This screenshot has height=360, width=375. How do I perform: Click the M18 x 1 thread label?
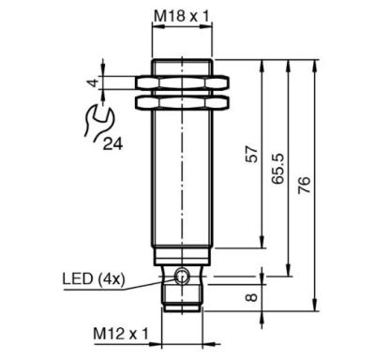[182, 16]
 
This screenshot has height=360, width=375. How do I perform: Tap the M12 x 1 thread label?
[121, 334]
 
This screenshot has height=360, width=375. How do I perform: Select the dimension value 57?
[252, 154]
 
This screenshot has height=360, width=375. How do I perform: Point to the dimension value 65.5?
[278, 169]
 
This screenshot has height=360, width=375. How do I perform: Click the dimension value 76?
[304, 185]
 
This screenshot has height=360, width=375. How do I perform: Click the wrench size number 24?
[113, 143]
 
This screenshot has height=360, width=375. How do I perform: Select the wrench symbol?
[97, 121]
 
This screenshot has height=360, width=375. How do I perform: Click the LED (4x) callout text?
[94, 278]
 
